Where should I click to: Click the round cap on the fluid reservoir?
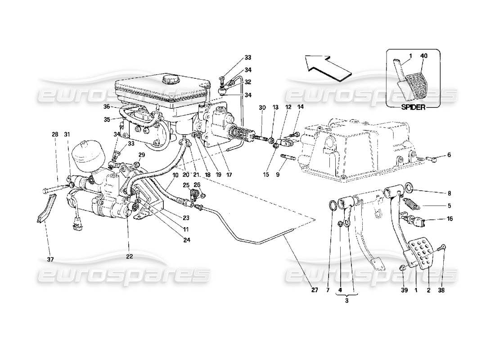coord(171,80)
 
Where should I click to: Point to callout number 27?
coord(315,290)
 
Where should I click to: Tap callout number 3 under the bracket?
coord(346,301)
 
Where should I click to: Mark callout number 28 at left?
coord(54,135)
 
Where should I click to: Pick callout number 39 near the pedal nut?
coord(404,290)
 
